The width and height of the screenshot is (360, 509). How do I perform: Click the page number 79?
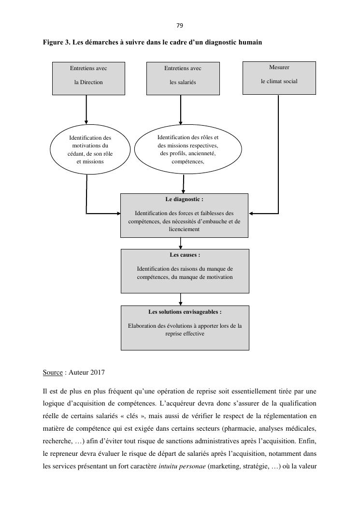[180, 25]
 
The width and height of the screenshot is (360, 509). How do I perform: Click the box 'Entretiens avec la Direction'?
[88, 78]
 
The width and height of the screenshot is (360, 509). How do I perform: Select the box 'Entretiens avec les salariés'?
[183, 78]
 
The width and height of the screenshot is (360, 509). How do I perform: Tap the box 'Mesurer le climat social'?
[279, 77]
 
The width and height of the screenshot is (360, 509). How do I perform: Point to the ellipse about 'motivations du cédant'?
[90, 150]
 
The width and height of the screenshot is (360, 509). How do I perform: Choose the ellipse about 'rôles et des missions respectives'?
[187, 149]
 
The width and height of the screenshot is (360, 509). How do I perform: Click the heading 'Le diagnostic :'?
[184, 199]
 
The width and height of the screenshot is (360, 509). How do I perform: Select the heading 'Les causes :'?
[185, 255]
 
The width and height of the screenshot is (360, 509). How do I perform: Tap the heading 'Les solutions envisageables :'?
[185, 312]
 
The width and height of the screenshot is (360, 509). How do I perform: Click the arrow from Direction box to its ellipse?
[86, 109]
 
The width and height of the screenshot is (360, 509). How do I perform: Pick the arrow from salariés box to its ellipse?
[181, 110]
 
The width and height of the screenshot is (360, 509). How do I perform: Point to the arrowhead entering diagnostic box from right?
[252, 213]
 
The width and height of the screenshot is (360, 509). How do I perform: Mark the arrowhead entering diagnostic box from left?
[117, 213]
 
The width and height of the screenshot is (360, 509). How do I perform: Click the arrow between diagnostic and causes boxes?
[180, 243]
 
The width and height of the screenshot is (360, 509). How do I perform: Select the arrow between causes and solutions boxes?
[180, 299]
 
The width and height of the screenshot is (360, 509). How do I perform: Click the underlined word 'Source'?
[53, 373]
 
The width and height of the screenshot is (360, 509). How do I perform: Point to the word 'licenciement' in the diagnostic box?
[184, 230]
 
